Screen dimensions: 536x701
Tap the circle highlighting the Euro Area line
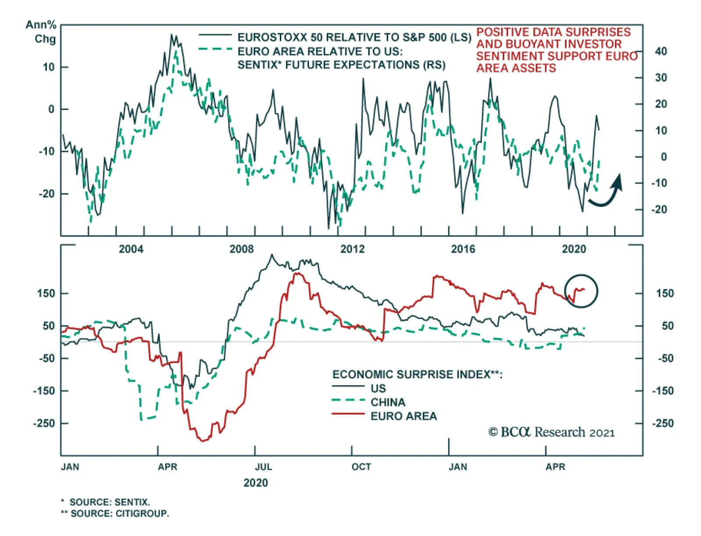tap(581, 291)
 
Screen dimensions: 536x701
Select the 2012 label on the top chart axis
tap(352, 249)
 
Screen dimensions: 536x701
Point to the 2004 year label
tap(131, 249)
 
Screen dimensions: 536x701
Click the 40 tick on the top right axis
tap(661, 52)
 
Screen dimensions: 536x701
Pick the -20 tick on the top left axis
tap(46, 194)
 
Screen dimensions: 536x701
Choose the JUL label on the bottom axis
tap(263, 467)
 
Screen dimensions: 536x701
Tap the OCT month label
tap(361, 467)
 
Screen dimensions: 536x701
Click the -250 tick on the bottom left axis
tap(44, 423)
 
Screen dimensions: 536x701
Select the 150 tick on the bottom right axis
tap(665, 293)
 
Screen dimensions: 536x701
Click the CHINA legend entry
tap(388, 402)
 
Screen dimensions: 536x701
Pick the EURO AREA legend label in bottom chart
tap(404, 416)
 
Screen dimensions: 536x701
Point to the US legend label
tap(378, 388)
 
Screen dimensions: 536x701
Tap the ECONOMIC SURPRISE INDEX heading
tap(417, 374)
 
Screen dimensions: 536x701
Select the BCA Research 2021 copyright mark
tap(552, 433)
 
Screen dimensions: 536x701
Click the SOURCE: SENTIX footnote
tap(109, 502)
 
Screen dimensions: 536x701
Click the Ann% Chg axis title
tap(42, 32)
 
